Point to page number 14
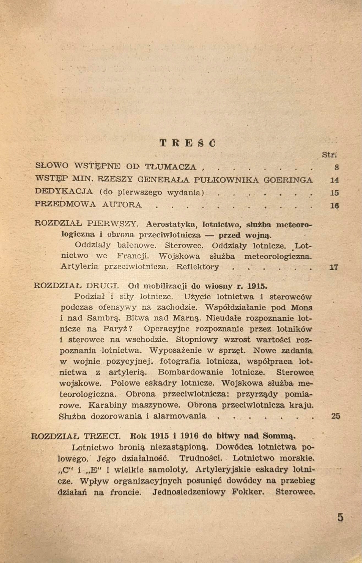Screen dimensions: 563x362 pos(334,180)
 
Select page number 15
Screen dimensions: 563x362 pos(334,193)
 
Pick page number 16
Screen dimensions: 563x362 pos(334,206)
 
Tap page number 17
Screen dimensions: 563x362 pos(334,267)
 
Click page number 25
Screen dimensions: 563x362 pos(336,416)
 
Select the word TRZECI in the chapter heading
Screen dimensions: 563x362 pos(102,436)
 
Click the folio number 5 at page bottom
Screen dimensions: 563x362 pos(340,518)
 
